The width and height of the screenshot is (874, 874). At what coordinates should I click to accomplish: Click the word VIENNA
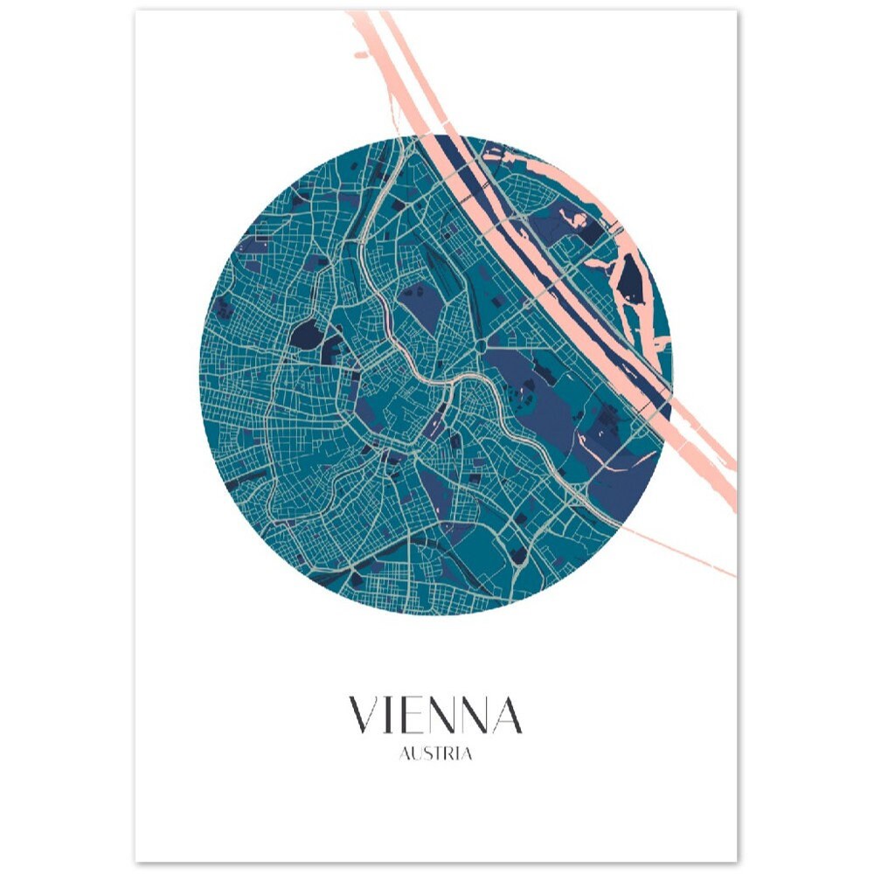(x=435, y=715)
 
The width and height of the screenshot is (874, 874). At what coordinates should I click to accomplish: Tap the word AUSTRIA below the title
(x=435, y=754)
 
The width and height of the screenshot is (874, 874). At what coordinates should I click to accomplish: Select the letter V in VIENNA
(x=364, y=715)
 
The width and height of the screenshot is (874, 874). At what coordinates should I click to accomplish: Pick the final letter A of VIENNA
(x=505, y=715)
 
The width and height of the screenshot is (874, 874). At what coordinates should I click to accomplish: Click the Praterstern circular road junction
(x=482, y=347)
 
